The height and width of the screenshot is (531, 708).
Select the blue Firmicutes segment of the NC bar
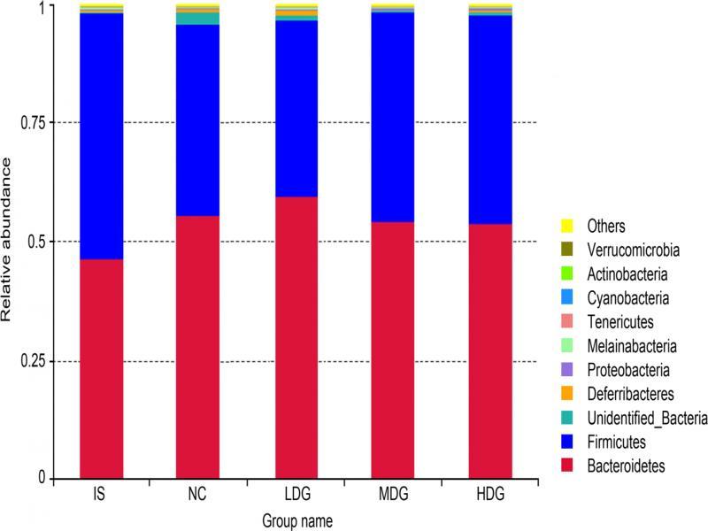(197, 119)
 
